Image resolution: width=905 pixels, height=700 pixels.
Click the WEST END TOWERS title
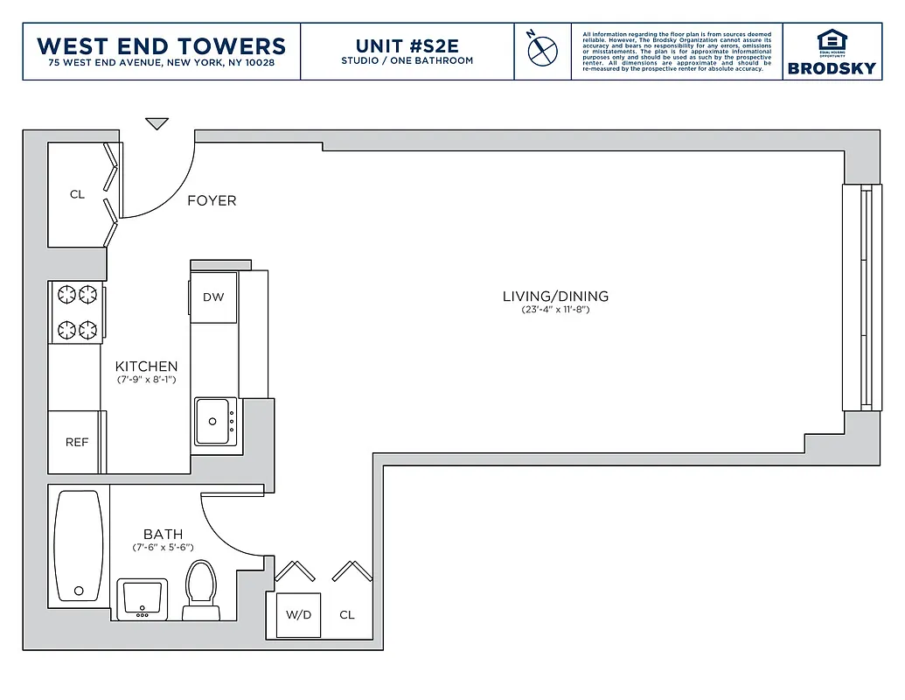(x=162, y=45)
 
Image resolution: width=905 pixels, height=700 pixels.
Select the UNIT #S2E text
(x=407, y=45)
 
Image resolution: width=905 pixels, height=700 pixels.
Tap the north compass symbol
(x=542, y=49)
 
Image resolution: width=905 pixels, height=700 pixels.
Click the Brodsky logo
(x=831, y=52)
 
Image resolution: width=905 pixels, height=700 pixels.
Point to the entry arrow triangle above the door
(x=157, y=124)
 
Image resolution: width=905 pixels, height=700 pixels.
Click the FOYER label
(x=212, y=200)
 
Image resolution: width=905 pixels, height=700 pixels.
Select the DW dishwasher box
(x=213, y=297)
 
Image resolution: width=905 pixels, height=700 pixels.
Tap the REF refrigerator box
(x=77, y=442)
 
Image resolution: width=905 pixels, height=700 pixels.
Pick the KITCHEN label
(x=147, y=367)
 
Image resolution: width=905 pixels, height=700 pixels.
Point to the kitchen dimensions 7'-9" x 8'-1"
(x=147, y=381)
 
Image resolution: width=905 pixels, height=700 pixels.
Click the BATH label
(x=164, y=534)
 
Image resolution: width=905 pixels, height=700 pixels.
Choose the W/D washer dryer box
(x=298, y=614)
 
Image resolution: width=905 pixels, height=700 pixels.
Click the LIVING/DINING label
(x=555, y=296)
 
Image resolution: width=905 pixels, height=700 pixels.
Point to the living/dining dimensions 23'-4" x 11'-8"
(x=555, y=310)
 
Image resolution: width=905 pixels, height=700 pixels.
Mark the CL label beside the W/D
(x=347, y=614)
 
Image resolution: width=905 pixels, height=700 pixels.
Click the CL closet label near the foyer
(x=78, y=194)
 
